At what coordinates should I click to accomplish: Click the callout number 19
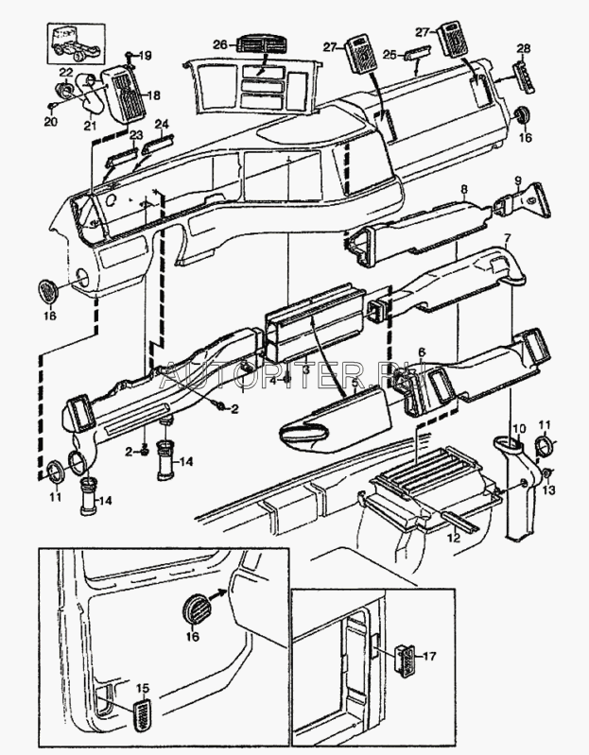point(145,56)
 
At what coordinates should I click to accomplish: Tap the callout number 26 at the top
point(219,44)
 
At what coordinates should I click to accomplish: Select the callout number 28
point(524,48)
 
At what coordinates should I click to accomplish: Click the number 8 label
point(464,190)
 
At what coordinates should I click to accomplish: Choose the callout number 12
point(453,537)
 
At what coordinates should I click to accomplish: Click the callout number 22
point(66,72)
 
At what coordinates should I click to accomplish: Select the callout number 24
point(162,124)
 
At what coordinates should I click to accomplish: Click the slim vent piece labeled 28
point(525,74)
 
